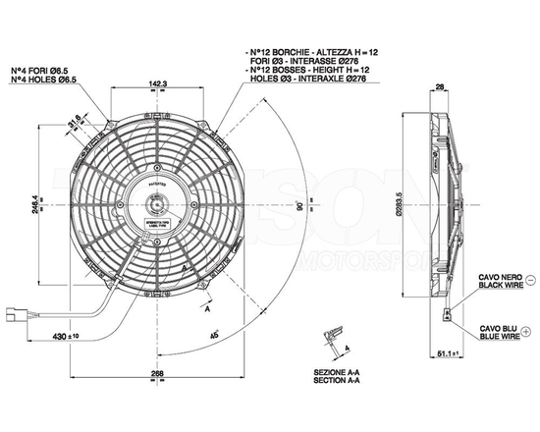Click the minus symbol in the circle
pos(531,282)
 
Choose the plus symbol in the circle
pos(531,334)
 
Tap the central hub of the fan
pos(156,206)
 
